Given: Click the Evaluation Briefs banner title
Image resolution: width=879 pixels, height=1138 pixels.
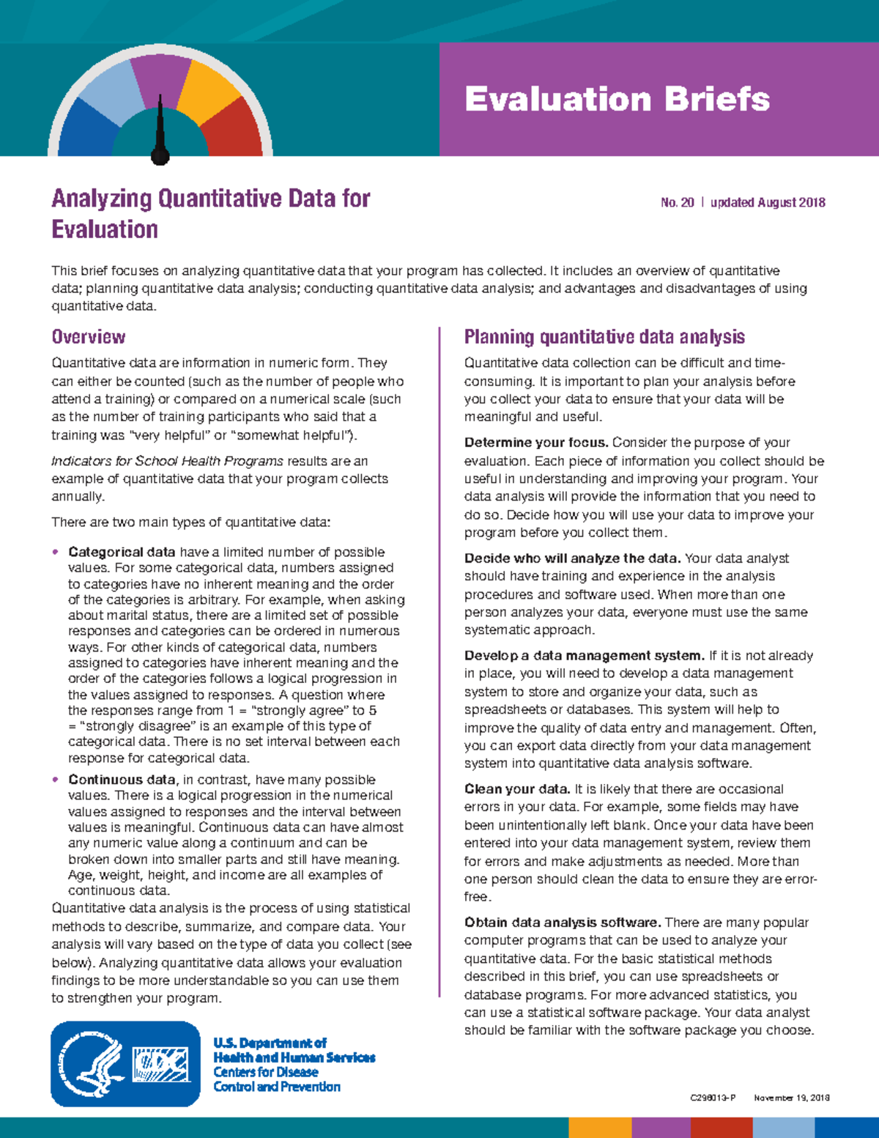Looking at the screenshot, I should pos(617,99).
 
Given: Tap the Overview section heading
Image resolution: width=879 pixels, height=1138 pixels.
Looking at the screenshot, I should pos(88,337).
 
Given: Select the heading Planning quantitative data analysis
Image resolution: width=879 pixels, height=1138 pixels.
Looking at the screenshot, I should pos(604,337).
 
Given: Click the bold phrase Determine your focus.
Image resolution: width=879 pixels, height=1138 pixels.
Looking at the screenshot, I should pos(536,443).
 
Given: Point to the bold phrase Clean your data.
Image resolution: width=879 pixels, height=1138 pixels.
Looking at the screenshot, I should pos(517,789).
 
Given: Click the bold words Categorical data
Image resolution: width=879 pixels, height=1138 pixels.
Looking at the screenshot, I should pos(122,552).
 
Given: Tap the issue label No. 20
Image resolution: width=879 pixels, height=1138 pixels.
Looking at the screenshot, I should pos(677,202).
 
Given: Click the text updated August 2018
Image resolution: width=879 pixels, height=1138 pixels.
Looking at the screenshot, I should pos(768,202).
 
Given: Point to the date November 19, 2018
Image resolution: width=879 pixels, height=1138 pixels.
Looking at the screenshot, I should pos(791,1098).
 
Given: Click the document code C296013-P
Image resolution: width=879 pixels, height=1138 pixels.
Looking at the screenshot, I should pos(712,1098).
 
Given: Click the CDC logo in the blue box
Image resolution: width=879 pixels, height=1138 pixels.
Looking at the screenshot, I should pos(160,1064).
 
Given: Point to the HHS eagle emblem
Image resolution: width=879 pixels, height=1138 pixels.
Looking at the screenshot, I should pos(92,1064).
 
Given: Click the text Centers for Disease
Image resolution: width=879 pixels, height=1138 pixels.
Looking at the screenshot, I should pos(265,1072).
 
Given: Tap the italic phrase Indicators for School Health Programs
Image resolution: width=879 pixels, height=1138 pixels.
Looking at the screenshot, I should pos(167,461).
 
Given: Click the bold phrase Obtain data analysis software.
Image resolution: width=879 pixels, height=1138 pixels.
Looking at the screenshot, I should pos(563,923).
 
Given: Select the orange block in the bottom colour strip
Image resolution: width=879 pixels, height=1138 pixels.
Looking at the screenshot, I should pos(600,1127).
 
